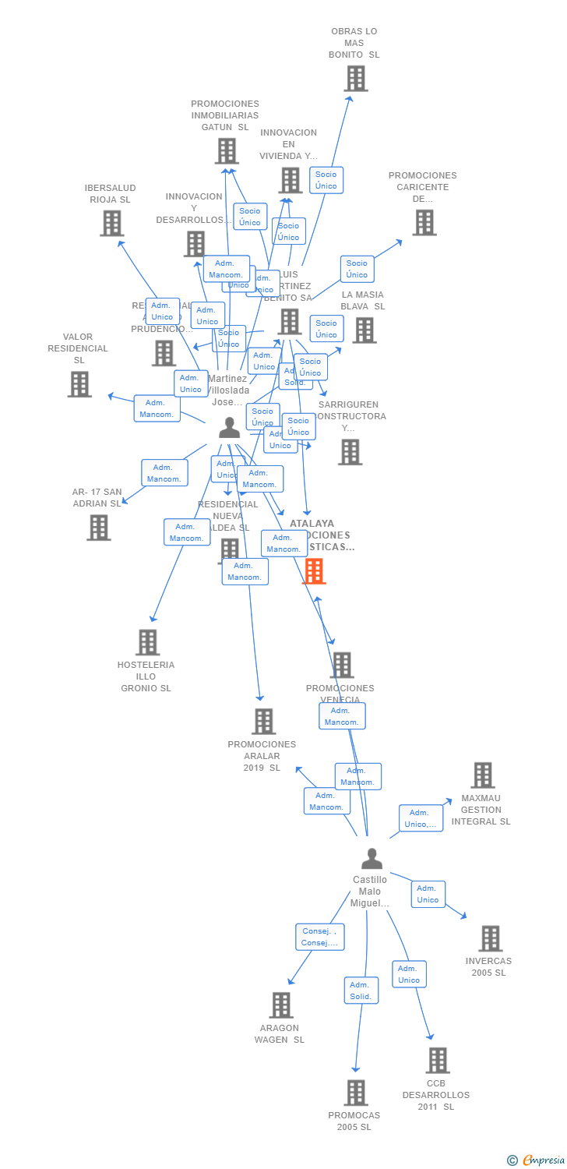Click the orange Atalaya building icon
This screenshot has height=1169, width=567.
[313, 571]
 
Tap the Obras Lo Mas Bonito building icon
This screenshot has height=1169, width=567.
[356, 79]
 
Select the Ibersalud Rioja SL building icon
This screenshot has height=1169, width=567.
[112, 224]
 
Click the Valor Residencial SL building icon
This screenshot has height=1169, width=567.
[79, 384]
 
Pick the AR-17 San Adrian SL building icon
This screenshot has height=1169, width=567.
[99, 528]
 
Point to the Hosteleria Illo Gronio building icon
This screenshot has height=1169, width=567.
[147, 642]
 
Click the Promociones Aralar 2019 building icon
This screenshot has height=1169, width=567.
[264, 722]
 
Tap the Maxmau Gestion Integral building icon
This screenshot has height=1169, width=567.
[483, 775]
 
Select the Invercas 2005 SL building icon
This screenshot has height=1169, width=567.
[490, 938]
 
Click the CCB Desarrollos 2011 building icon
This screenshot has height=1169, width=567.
[438, 1061]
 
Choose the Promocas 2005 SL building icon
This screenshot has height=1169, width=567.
[356, 1093]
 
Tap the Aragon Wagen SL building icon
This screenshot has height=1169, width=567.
[281, 1005]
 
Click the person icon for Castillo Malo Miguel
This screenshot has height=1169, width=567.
[372, 859]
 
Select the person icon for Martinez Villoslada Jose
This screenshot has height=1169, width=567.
[229, 428]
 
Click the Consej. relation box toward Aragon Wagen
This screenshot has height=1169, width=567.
[320, 937]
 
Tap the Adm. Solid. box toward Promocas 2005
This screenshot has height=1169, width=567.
[361, 991]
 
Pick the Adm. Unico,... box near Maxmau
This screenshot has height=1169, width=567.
[421, 818]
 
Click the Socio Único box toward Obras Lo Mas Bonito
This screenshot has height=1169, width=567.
[326, 180]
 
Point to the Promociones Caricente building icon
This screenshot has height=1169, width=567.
[424, 223]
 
